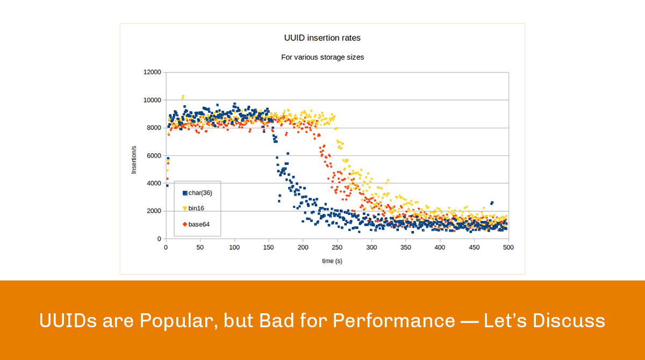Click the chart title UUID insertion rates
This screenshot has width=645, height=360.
coord(322,38)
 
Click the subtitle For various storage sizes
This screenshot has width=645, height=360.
coord(322,57)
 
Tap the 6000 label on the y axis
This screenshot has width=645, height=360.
coord(152,155)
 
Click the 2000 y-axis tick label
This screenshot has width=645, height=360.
coord(152,211)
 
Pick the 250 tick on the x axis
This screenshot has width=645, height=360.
coord(337,248)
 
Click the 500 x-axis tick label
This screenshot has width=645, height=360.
coord(508,248)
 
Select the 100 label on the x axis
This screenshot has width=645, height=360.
coord(234,248)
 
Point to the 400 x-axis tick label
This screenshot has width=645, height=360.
coord(440,248)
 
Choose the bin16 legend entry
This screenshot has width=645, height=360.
coord(196,208)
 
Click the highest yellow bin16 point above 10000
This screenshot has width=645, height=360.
coord(183,97)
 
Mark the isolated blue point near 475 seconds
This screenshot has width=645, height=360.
coord(491,203)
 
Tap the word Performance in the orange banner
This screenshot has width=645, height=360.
coord(393,321)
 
